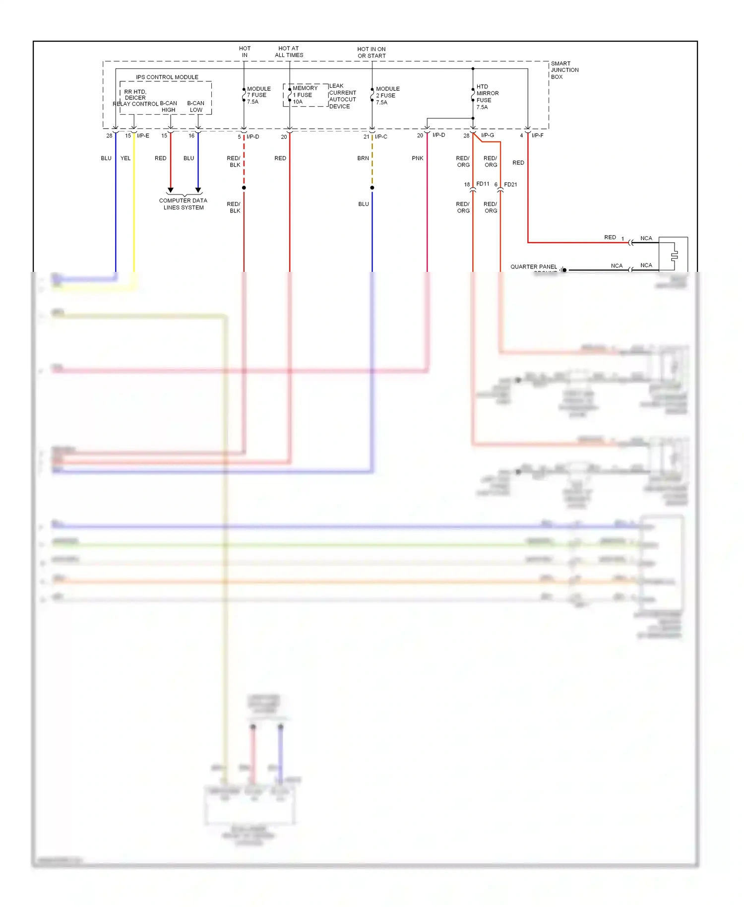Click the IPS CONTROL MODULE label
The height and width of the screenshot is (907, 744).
tap(167, 77)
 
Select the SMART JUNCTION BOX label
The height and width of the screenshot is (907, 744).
tap(564, 70)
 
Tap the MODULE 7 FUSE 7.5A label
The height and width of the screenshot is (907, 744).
tap(258, 95)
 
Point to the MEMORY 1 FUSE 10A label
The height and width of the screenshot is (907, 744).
tap(305, 95)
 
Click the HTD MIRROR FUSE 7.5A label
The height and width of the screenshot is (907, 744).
tap(487, 97)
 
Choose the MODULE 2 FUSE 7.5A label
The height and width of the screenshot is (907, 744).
tap(387, 96)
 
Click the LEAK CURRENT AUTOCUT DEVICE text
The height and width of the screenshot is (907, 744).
tap(342, 96)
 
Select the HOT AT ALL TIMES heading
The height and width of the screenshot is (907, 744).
tap(289, 52)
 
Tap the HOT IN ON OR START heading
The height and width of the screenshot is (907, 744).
tap(371, 52)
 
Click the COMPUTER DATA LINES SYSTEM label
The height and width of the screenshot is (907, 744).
tap(183, 204)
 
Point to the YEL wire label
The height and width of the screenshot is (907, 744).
tap(125, 158)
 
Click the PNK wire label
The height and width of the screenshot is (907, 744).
tap(417, 158)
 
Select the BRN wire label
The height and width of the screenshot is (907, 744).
tap(363, 158)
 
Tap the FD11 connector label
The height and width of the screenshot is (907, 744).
tap(483, 184)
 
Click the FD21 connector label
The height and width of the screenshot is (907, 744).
tap(510, 185)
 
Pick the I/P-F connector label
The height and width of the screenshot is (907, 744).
tap(537, 135)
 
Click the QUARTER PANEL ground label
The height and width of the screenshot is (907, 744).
tap(534, 267)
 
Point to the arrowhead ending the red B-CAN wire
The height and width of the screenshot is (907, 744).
tap(171, 190)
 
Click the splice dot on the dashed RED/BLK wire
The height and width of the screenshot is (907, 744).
tap(244, 188)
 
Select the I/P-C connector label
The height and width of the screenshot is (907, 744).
tap(381, 136)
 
